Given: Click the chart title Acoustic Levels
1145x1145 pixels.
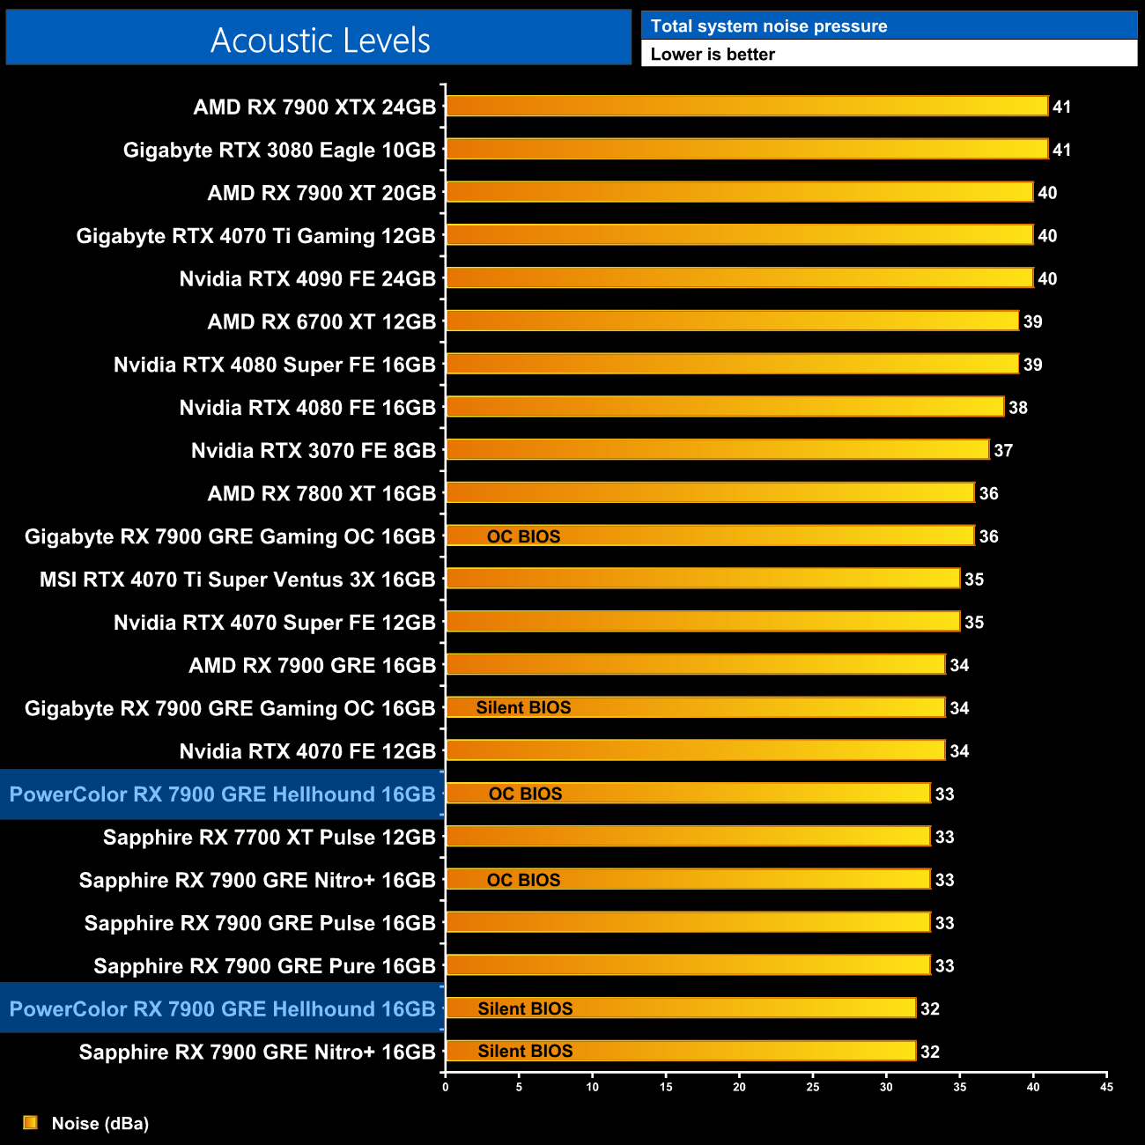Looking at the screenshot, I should pyautogui.click(x=320, y=41).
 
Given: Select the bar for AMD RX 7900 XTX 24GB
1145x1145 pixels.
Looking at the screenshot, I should pyautogui.click(x=747, y=107).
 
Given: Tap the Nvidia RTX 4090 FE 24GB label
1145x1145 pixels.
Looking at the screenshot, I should pyautogui.click(x=307, y=279).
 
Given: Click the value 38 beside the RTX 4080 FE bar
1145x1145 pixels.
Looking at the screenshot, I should pyautogui.click(x=1017, y=408).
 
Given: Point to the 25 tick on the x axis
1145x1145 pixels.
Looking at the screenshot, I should pyautogui.click(x=813, y=1087).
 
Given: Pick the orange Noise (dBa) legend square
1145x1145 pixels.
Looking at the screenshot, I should pyautogui.click(x=31, y=1122).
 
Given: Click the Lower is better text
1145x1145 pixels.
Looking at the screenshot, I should pyautogui.click(x=713, y=55).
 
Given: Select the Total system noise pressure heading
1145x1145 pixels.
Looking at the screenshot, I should pyautogui.click(x=769, y=26).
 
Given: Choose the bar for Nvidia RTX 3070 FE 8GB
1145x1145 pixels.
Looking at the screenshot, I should pyautogui.click(x=717, y=450).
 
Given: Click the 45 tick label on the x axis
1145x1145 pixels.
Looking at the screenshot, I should pyautogui.click(x=1106, y=1087).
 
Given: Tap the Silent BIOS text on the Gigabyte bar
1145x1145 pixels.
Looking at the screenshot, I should pyautogui.click(x=523, y=708).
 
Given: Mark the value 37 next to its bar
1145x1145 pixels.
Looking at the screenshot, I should pyautogui.click(x=1003, y=451).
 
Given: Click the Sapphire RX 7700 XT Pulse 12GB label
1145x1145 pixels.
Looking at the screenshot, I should pyautogui.click(x=270, y=838).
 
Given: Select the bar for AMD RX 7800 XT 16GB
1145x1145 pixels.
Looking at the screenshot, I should pyautogui.click(x=710, y=493).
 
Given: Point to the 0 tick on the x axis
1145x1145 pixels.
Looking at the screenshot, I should pyautogui.click(x=446, y=1087).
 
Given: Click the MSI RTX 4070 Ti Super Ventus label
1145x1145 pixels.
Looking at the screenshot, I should pyautogui.click(x=238, y=580).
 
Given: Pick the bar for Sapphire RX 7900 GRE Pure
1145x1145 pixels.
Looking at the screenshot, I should pyautogui.click(x=688, y=965).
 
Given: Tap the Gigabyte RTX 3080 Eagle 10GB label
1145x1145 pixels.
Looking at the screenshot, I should pyautogui.click(x=279, y=151).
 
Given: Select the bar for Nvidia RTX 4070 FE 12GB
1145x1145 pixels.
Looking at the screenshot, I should pyautogui.click(x=695, y=750).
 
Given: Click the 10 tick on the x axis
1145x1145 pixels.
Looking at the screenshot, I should pyautogui.click(x=593, y=1087).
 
